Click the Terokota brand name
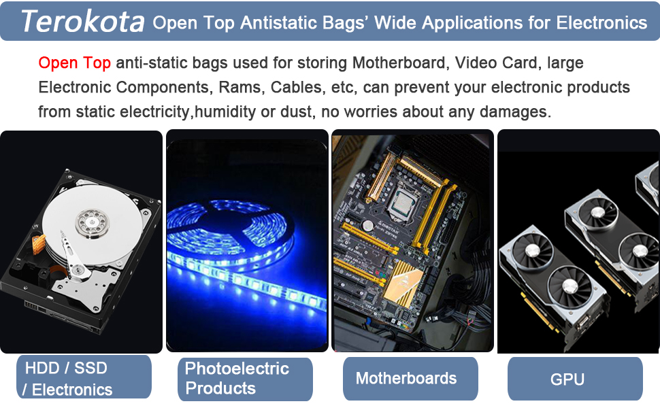[x=82, y=22]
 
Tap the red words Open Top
[x=74, y=63]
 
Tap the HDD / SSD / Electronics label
[x=84, y=377]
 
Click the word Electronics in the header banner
[x=601, y=22]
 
